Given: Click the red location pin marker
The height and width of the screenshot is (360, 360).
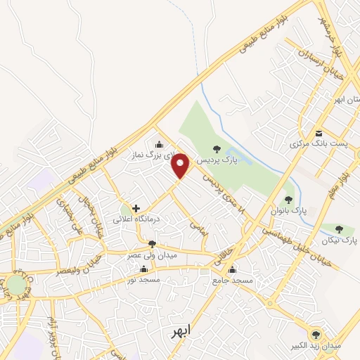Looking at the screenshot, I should pos(181,165).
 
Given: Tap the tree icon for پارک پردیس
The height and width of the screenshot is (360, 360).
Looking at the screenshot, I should pos(217,149).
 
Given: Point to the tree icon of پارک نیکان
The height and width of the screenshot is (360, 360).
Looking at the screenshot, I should pos(340,229).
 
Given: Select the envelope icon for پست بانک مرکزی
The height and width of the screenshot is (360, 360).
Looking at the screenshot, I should pos(319,133).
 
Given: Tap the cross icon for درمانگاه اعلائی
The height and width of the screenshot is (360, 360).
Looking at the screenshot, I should pos(136,208).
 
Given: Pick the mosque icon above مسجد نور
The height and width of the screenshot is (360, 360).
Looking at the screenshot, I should pos(144,269).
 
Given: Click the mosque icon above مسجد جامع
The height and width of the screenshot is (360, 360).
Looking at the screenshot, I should pos(232,269).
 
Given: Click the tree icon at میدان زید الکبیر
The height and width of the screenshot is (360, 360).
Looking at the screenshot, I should pos(314,335).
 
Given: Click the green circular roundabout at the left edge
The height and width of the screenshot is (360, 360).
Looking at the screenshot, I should pos(15,285).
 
